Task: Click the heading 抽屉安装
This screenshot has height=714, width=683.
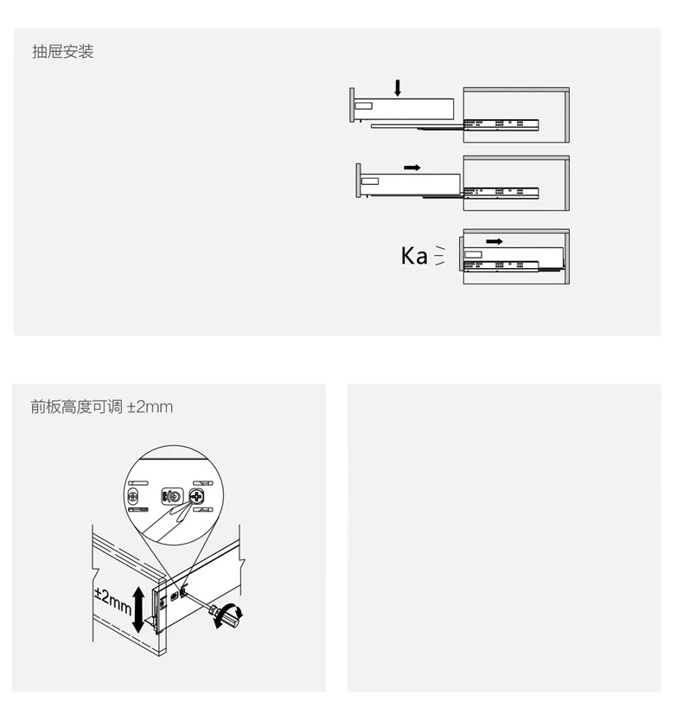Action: point(63,52)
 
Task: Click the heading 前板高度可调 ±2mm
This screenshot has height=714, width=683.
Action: point(101,406)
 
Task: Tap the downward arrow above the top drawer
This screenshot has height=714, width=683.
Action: point(398,88)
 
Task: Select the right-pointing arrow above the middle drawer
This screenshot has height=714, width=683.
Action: point(412,168)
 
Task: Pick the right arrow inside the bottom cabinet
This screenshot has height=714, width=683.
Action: point(494,241)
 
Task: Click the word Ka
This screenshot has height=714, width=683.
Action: point(414,256)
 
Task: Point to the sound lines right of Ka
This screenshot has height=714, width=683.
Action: point(439,256)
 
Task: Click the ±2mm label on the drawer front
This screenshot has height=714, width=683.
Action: point(113,601)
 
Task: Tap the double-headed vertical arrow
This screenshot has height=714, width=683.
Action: point(138,610)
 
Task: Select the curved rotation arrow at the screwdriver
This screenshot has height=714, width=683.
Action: point(230,615)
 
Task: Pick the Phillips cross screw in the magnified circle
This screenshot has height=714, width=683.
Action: point(197,496)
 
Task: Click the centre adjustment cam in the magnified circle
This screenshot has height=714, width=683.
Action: point(172,496)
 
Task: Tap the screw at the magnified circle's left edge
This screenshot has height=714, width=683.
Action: point(133,496)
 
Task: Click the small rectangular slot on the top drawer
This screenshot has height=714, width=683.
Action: point(363,106)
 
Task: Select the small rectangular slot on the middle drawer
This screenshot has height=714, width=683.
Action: point(370,182)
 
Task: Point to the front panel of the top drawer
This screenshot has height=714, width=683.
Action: point(352,105)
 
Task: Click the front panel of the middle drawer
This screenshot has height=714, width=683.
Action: point(358,181)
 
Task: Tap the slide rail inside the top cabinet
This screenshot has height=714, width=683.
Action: point(501,124)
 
